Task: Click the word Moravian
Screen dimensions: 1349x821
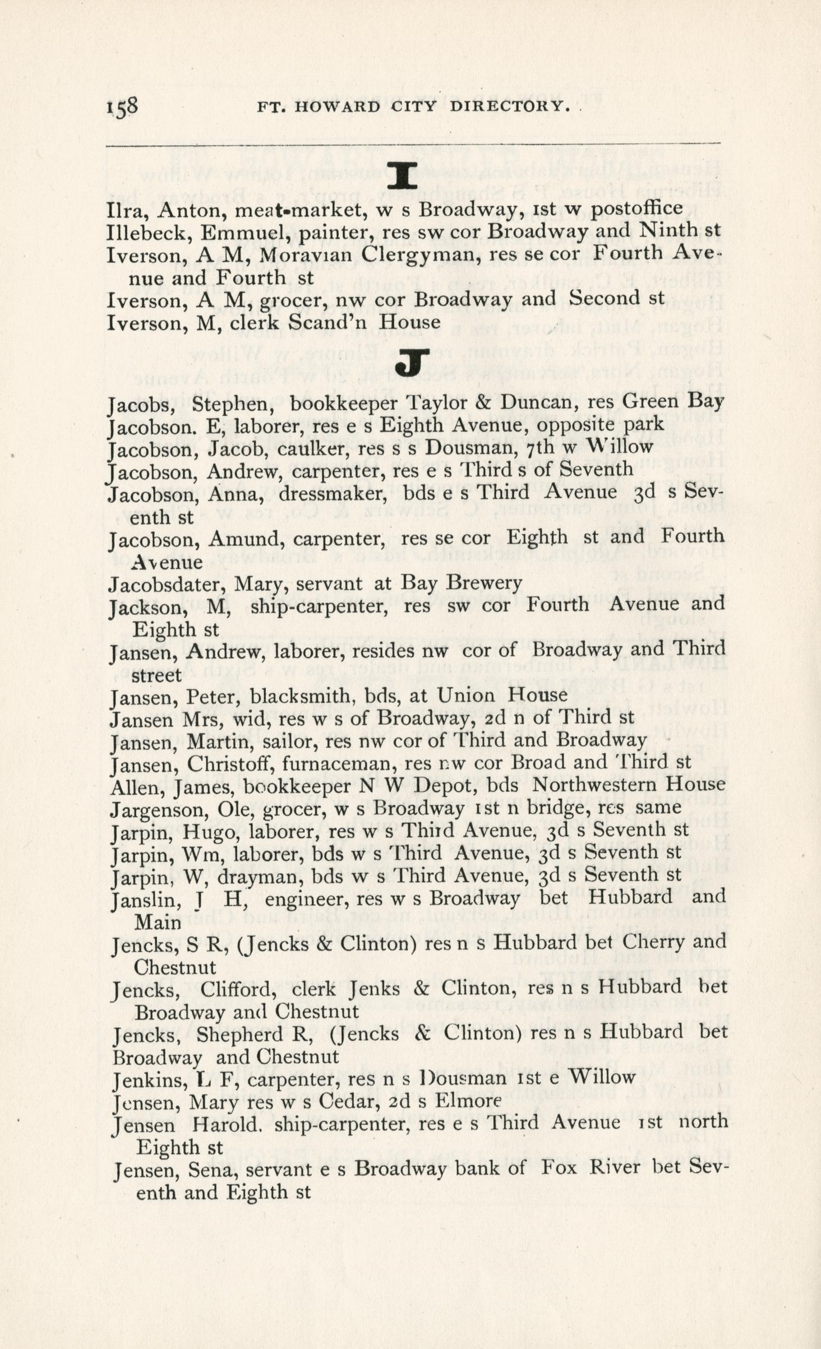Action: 305,254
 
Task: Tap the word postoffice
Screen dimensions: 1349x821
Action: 638,208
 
